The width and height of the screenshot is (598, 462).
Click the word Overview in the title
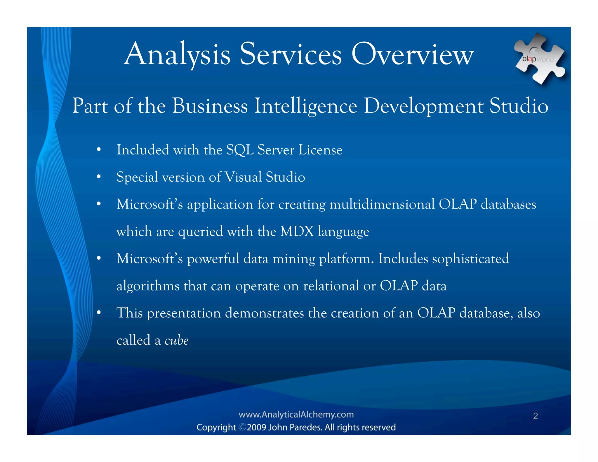pyautogui.click(x=412, y=54)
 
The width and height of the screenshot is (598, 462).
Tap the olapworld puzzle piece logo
pyautogui.click(x=539, y=59)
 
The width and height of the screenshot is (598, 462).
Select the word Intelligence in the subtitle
pyautogui.click(x=306, y=106)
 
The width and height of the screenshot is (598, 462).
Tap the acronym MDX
pyautogui.click(x=297, y=231)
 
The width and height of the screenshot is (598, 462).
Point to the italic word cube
pyautogui.click(x=177, y=341)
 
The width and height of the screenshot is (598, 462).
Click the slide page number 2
pyautogui.click(x=535, y=416)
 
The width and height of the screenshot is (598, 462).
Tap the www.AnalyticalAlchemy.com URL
pyautogui.click(x=296, y=414)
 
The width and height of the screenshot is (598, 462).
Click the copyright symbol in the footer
pyautogui.click(x=242, y=427)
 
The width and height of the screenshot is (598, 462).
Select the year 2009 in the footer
pyautogui.click(x=256, y=427)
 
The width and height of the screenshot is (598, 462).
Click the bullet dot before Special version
pyautogui.click(x=99, y=177)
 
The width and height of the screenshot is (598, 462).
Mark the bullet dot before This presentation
pyautogui.click(x=99, y=313)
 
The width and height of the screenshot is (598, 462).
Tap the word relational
pyautogui.click(x=331, y=286)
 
